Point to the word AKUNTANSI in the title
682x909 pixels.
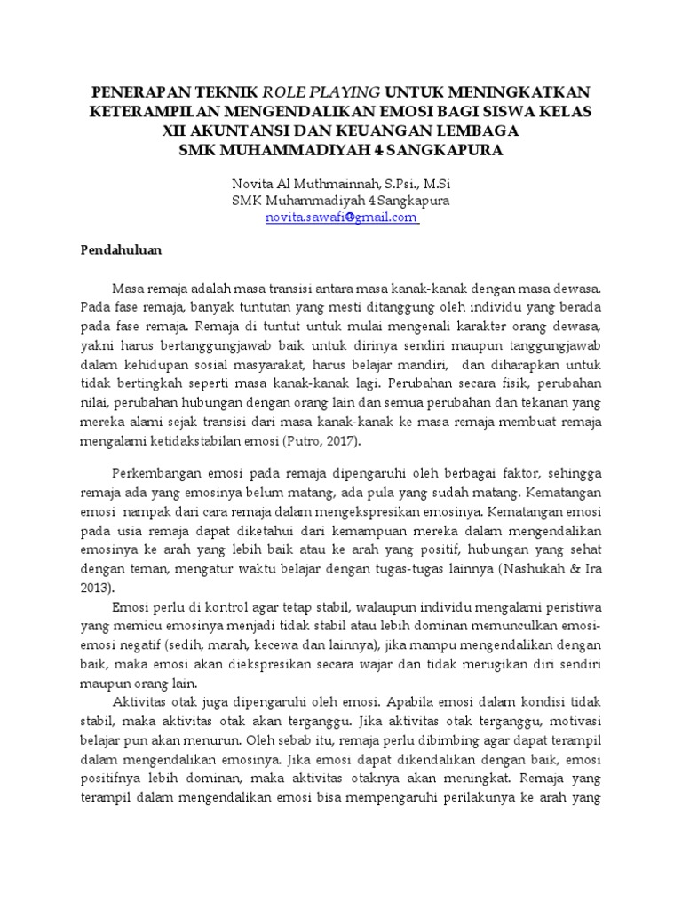coord(239,131)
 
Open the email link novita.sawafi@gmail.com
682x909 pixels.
coord(341,217)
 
